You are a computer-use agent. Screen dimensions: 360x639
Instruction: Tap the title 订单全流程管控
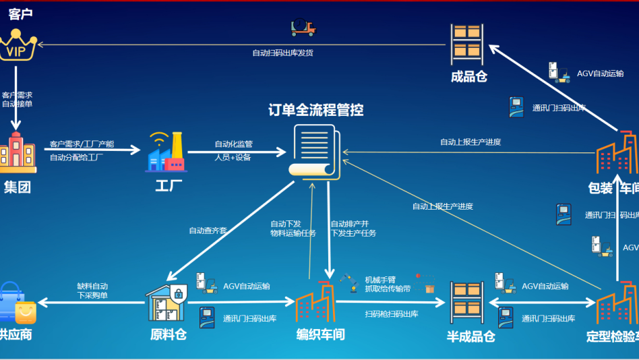[315, 109]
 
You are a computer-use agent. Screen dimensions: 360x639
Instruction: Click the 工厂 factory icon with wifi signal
[165, 152]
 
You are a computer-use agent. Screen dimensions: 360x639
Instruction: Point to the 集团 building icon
[18, 152]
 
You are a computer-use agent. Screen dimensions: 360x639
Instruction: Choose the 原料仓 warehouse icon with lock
[166, 301]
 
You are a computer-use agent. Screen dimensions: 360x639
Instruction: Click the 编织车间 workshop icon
[315, 301]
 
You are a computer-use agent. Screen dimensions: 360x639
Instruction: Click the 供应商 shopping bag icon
[18, 303]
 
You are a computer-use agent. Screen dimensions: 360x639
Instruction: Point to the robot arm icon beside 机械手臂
[348, 282]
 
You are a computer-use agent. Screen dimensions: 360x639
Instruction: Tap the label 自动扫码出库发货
[283, 53]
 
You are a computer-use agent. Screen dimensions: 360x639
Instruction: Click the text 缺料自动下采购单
[93, 291]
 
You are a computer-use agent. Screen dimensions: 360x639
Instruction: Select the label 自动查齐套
[208, 231]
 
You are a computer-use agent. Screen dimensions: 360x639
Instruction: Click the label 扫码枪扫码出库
[392, 314]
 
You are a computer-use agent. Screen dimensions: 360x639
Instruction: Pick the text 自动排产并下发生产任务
[353, 229]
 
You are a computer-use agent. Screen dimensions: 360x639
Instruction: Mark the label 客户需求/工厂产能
[82, 144]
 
